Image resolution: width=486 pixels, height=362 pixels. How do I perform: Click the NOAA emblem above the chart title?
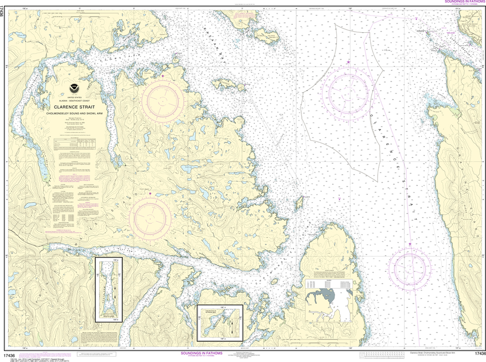tap(74, 88)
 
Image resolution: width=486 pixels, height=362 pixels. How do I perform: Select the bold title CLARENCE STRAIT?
tap(74, 107)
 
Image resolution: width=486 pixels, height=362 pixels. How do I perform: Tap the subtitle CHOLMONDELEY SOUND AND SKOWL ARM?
tap(74, 114)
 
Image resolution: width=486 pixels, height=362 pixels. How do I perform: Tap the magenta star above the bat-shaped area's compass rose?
tap(348, 62)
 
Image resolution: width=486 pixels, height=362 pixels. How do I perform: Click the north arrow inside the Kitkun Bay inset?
tap(232, 326)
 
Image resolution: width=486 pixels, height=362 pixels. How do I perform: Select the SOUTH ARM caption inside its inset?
tap(109, 316)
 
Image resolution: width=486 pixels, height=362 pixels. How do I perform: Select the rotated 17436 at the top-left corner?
tap(4, 13)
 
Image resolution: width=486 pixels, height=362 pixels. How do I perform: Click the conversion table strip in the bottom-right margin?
tap(380, 355)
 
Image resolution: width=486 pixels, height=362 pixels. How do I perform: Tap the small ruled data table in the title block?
tap(74, 142)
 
